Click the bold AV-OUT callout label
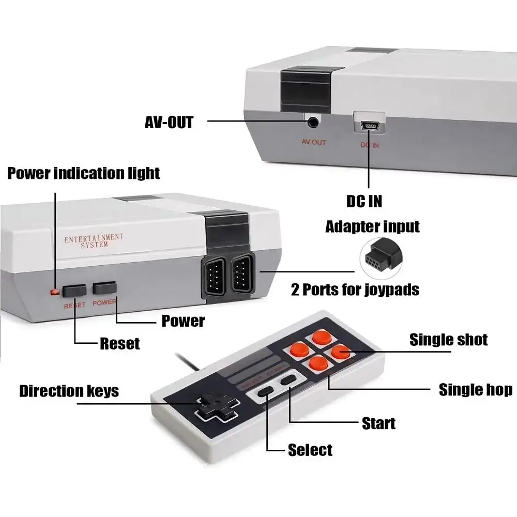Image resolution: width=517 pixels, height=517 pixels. click(x=169, y=122)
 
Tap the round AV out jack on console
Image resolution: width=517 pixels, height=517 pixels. click(x=313, y=123)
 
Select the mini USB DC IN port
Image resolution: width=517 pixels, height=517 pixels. click(x=369, y=124)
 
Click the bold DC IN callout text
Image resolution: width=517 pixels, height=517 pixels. click(x=364, y=201)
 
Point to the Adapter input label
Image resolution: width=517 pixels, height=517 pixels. click(x=372, y=226)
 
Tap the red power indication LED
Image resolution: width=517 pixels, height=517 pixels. click(x=54, y=293)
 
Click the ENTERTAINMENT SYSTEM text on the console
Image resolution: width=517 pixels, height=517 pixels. click(x=94, y=241)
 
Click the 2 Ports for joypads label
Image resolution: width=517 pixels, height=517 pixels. click(x=355, y=289)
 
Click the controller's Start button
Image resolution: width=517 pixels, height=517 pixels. click(x=287, y=381)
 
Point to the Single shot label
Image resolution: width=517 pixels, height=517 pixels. click(x=448, y=340)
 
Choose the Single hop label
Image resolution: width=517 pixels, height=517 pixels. click(x=475, y=390)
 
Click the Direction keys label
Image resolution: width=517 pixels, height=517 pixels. click(x=69, y=391)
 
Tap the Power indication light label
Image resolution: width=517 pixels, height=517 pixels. click(x=83, y=173)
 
